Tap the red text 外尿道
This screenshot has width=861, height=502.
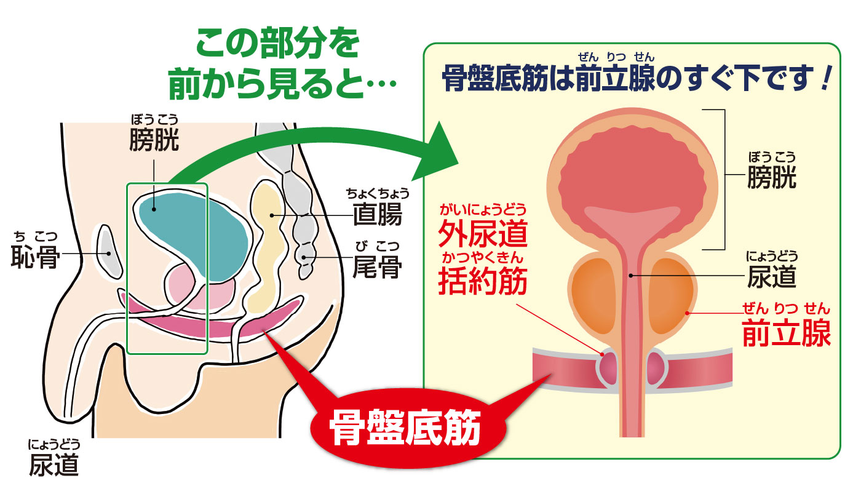pos(483,234)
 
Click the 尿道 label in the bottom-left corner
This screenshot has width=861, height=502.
pos(54,465)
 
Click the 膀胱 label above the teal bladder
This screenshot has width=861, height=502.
pos(154,140)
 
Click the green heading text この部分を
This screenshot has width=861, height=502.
pos(277,46)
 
